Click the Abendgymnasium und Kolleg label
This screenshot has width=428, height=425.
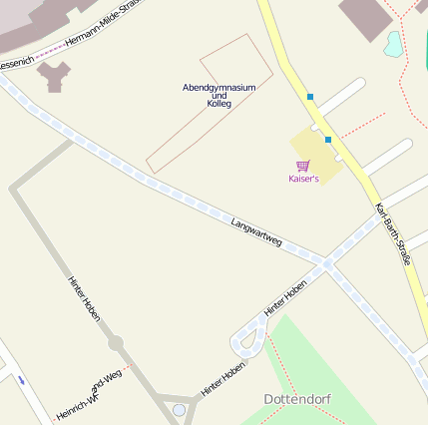pos(219,95)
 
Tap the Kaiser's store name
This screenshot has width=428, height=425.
pos(303,179)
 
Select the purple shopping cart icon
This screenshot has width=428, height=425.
pos(302,166)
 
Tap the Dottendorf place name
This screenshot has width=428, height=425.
pos(297,399)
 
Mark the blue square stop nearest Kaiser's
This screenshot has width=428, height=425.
pos(327,140)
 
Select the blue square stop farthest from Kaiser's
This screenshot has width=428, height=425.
pos(310,97)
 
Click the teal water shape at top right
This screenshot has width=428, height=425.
pos(394,43)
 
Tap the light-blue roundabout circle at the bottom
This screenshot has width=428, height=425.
pos(179,409)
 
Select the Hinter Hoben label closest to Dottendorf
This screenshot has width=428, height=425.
pos(222,379)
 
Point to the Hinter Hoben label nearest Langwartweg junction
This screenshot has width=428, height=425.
pos(285,298)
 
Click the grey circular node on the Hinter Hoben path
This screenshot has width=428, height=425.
pos(116,343)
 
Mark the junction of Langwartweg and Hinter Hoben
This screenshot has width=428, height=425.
pos(326,264)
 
